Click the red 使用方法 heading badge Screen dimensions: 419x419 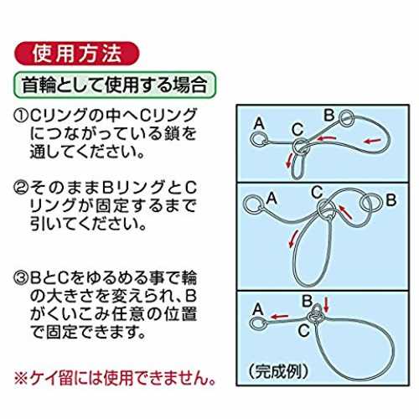coord(76,54)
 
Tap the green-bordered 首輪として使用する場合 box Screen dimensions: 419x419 coord(115,85)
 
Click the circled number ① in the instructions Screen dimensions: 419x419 coord(21,116)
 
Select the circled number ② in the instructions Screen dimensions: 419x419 coord(21,188)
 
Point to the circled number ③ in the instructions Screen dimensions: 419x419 coord(21,278)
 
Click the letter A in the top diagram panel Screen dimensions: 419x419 coord(259,123)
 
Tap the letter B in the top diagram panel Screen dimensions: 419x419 coord(329,115)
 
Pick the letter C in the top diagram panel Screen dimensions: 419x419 coord(297,129)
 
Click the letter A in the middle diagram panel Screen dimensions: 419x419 coord(272,199)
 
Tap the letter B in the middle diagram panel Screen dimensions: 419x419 coord(391,200)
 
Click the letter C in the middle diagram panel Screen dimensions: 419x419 coord(317,192)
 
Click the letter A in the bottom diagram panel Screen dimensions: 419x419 coord(257,309)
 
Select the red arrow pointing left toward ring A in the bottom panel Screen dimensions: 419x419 coord(279,317)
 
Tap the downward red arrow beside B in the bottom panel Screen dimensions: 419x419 coord(326,305)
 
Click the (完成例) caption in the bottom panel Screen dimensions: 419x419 coord(279,371)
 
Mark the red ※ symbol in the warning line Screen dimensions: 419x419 coord(21,379)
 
